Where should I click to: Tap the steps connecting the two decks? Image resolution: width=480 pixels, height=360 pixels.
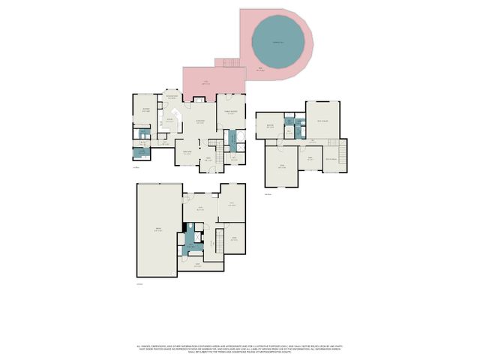[x=226, y=63]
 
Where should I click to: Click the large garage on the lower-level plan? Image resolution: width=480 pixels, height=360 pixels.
[x=157, y=230]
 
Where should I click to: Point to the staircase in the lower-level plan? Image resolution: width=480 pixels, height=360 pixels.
[x=220, y=241]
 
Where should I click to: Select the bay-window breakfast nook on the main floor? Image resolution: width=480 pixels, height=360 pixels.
[x=172, y=99]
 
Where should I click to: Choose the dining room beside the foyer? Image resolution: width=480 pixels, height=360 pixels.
[x=188, y=154]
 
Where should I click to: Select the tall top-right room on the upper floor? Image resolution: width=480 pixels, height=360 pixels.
[x=323, y=119]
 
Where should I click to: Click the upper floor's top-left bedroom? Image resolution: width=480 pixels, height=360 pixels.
[x=270, y=125]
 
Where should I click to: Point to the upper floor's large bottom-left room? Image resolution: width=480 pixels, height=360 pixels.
[x=281, y=167]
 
